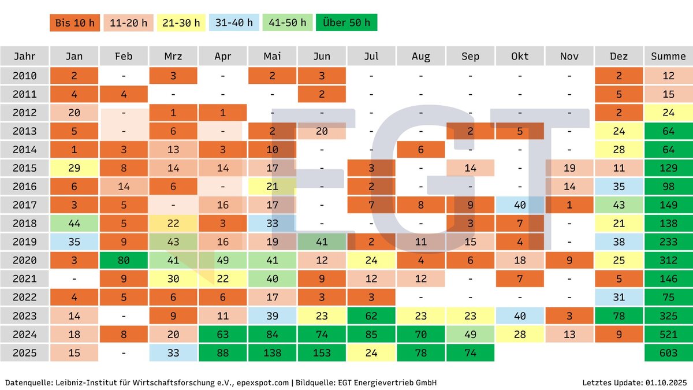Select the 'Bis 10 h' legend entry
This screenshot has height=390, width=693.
tap(74, 23)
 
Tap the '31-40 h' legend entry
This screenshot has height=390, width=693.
tap(234, 23)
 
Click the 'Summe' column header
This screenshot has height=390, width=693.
tap(668, 56)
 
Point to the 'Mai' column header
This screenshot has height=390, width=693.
tap(272, 56)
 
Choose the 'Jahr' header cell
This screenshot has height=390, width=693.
tap(24, 56)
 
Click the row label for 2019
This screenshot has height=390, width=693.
tap(24, 242)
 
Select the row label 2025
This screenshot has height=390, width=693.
tap(24, 352)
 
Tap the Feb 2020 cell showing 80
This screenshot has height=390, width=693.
tap(124, 260)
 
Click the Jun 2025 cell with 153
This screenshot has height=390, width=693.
tap(322, 352)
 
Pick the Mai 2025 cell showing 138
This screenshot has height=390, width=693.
tap(272, 352)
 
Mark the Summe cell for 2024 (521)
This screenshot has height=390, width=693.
tap(668, 334)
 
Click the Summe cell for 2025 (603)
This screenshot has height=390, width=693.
tap(668, 352)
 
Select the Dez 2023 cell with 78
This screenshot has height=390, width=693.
tap(619, 315)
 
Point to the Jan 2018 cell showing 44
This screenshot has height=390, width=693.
tap(74, 223)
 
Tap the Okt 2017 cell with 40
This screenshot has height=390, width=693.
tap(520, 205)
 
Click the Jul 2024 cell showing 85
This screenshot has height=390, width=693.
tap(371, 334)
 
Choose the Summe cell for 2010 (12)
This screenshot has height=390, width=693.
tap(668, 75)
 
